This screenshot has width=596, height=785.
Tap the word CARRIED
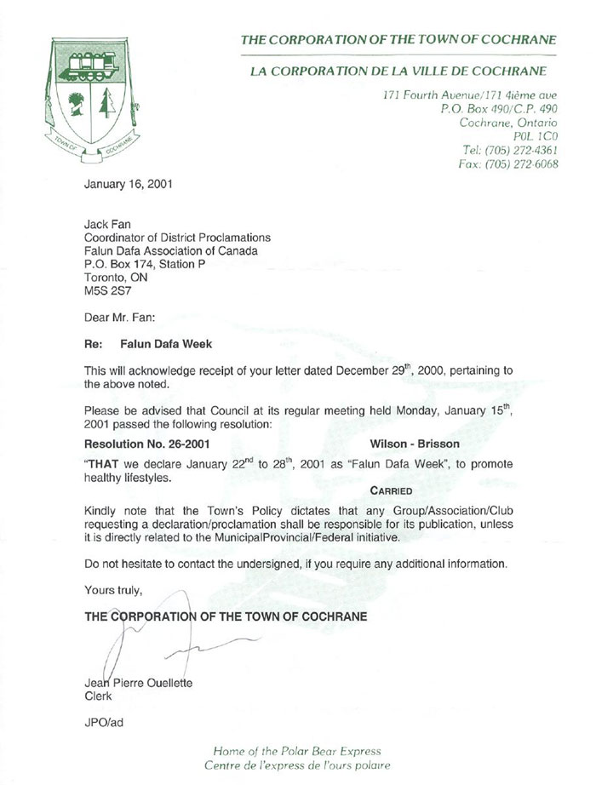click(392, 491)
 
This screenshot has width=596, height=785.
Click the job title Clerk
click(99, 696)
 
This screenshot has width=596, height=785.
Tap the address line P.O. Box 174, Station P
click(144, 264)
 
